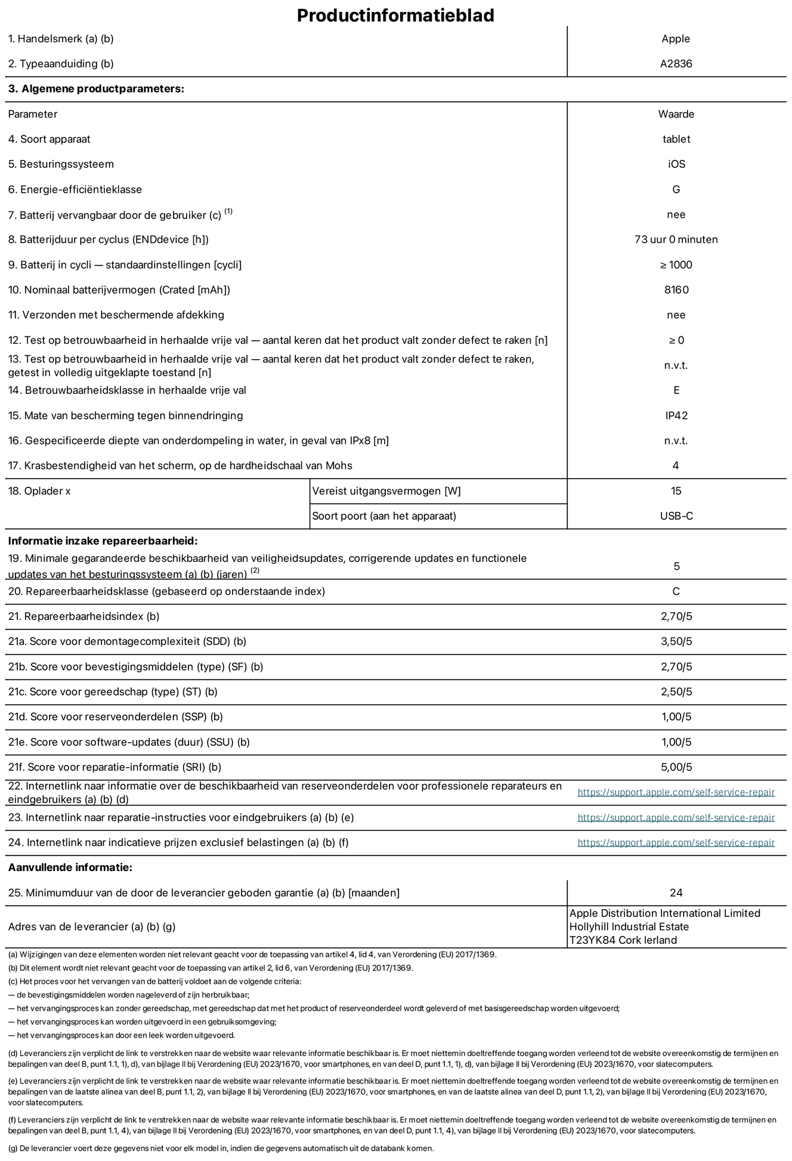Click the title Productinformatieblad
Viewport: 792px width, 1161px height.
395,15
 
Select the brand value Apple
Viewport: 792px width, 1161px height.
676,39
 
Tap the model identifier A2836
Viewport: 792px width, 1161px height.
676,64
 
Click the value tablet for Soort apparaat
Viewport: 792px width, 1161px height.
676,139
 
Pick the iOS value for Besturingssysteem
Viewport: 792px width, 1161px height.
676,164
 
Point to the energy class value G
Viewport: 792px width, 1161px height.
676,190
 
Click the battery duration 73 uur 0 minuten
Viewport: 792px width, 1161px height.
676,240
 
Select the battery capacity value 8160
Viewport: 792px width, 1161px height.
676,290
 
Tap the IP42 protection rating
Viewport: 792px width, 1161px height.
676,416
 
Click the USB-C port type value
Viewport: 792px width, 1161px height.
676,516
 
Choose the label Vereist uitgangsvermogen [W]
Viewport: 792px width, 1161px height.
386,491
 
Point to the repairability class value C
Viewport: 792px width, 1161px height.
676,592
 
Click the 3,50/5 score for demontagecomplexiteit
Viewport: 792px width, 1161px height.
676,642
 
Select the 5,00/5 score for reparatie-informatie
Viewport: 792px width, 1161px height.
676,767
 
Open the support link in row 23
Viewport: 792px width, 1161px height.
676,818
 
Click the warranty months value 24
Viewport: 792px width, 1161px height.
676,893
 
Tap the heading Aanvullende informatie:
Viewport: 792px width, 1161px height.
70,867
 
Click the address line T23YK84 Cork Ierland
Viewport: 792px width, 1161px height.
623,940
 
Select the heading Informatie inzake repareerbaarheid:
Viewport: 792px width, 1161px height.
103,541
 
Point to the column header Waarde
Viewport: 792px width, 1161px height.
676,114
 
